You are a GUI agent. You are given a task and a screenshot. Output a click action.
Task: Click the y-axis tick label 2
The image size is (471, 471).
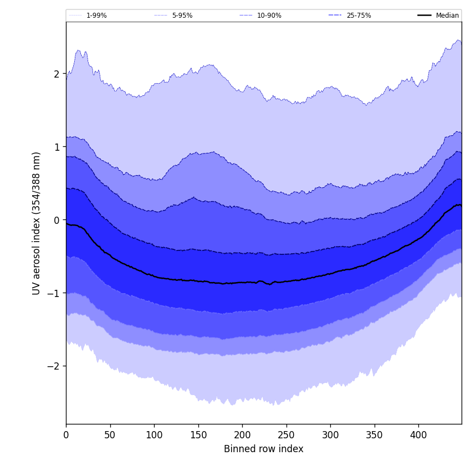(56, 74)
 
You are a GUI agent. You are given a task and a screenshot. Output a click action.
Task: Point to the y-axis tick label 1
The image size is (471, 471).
(56, 147)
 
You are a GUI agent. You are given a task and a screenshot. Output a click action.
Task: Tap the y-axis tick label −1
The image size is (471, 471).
(54, 293)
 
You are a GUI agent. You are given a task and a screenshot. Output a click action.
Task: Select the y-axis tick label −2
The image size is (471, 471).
(54, 366)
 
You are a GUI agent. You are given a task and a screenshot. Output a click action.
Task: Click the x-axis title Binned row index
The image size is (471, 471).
(264, 449)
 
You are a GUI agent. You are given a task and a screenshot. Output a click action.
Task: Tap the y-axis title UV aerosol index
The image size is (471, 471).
(37, 223)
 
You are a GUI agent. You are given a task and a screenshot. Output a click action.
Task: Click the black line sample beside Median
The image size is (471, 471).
(424, 16)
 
